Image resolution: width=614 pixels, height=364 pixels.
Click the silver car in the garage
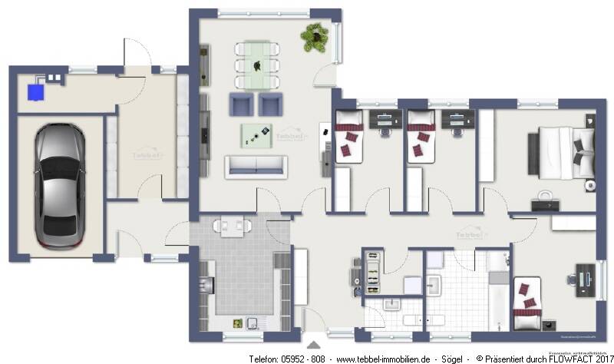[59, 187]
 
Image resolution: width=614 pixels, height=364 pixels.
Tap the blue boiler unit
[35, 91]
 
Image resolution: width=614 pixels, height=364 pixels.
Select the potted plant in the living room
[314, 36]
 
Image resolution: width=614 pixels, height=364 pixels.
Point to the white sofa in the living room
[256, 166]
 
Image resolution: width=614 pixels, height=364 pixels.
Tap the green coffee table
[256, 135]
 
